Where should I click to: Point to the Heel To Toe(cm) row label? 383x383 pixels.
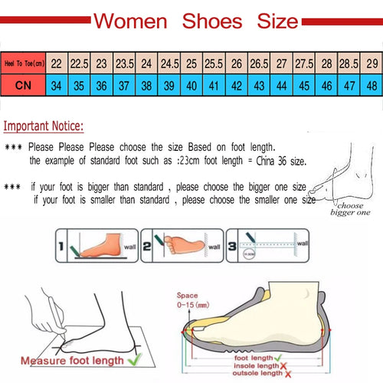click(23, 64)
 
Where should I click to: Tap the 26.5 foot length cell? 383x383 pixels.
click(259, 64)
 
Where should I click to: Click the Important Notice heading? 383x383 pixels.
click(44, 126)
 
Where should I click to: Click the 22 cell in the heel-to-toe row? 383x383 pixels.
click(57, 64)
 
